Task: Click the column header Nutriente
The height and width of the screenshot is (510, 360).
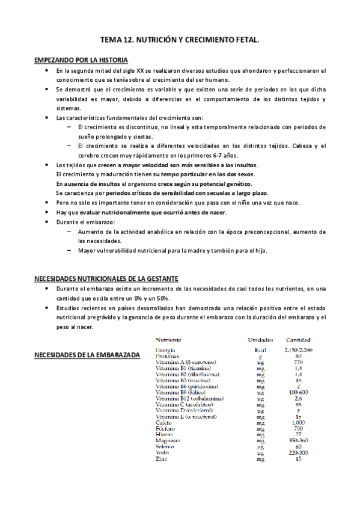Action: [171, 339]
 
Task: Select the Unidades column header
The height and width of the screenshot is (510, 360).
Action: [260, 339]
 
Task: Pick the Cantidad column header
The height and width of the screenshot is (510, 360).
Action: [299, 339]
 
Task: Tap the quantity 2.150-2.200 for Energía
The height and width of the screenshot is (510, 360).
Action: [299, 349]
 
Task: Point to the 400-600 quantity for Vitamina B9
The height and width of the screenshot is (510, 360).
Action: [299, 392]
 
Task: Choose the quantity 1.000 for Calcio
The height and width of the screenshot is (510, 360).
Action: [299, 423]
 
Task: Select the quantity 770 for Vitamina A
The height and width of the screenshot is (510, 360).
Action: [299, 361]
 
